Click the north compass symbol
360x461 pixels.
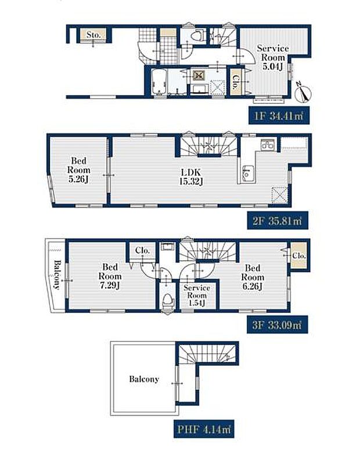click(x=304, y=91)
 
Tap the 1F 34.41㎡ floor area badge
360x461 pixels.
click(x=279, y=116)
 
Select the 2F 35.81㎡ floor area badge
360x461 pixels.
click(x=278, y=221)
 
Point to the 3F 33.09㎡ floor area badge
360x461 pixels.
click(x=277, y=325)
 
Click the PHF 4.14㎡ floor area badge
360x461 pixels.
click(x=204, y=429)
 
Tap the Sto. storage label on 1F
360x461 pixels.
click(x=93, y=35)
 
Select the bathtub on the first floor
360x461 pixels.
click(x=159, y=81)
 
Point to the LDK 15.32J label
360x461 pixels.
click(x=192, y=177)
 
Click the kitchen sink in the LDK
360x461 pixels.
click(x=248, y=174)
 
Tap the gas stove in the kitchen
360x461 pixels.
click(x=268, y=145)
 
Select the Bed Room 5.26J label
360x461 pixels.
click(x=78, y=170)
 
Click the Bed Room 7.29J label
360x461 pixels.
click(x=110, y=276)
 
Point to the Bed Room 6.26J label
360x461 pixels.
click(x=253, y=278)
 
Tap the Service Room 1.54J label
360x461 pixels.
click(x=197, y=295)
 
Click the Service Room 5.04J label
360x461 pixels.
click(x=273, y=57)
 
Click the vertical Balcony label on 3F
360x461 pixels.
click(x=56, y=275)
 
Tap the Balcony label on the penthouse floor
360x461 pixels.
click(x=144, y=379)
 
